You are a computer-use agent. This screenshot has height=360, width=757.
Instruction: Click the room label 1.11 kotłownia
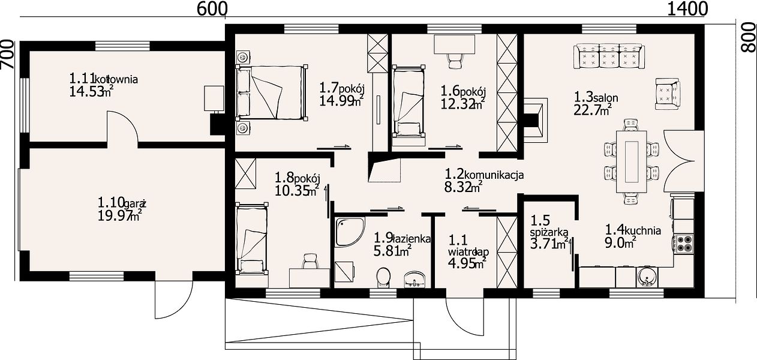coord(103,79)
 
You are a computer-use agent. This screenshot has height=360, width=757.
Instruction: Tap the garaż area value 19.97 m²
coord(119,215)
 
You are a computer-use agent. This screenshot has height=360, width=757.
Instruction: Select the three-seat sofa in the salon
coord(609,56)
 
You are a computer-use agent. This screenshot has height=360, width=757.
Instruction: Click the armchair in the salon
coord(668,94)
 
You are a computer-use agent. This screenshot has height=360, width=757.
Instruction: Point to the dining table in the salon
coord(631,161)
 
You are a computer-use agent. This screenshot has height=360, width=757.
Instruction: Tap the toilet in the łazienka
coord(383,278)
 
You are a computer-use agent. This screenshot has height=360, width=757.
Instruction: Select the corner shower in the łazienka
coord(350,232)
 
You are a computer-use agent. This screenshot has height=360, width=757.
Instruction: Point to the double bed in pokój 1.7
coord(271,92)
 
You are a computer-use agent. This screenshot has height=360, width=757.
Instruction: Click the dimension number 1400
coord(687,9)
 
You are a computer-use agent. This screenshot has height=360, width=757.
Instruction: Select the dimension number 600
coord(212,9)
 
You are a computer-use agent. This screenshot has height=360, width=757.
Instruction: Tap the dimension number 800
coord(748,38)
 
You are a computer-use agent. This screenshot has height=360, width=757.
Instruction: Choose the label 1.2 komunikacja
coord(484,175)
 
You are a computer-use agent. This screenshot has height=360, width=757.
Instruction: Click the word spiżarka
coord(549,233)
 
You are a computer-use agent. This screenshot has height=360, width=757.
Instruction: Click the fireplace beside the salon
coord(536,121)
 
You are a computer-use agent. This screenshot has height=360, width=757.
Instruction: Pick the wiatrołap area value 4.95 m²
coord(467,263)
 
